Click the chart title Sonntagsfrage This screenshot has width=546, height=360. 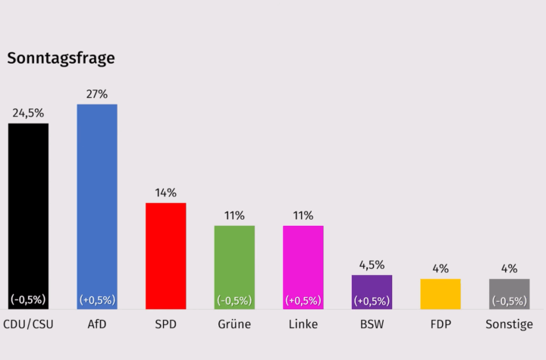point(61,58)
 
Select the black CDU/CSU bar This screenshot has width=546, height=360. point(28,205)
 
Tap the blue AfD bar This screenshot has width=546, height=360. point(97,197)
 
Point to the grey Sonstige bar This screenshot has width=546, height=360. point(509,288)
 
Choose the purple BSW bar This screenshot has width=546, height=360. point(372,284)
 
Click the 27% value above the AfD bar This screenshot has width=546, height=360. point(97,95)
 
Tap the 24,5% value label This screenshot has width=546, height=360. point(28,114)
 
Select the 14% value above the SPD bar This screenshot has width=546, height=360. point(165,193)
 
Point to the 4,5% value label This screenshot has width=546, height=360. point(372,265)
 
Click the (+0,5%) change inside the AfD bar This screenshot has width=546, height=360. point(97,300)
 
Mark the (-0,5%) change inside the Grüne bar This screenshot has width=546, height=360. point(234,300)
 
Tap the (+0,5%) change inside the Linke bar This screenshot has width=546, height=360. point(303,300)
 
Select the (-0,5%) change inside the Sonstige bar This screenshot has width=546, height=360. point(509,300)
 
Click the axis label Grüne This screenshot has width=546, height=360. point(234,324)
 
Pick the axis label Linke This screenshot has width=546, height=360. point(303,324)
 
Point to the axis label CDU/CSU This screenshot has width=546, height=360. point(28,324)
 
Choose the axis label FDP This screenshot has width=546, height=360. point(441,324)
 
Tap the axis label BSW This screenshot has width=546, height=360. point(372,324)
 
